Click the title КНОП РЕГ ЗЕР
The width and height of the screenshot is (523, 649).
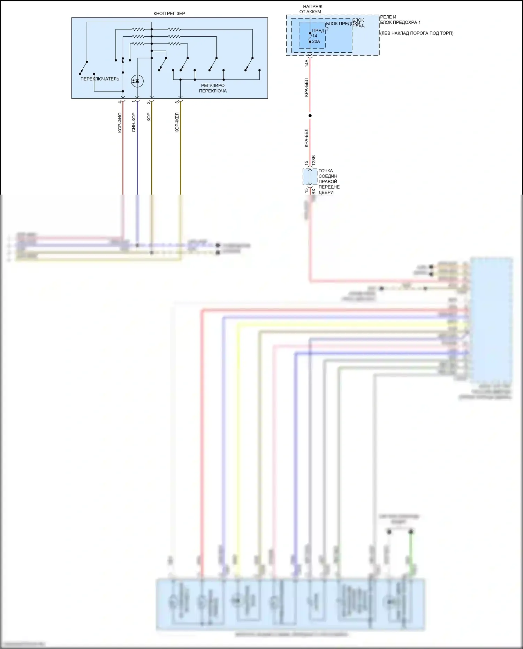(169, 14)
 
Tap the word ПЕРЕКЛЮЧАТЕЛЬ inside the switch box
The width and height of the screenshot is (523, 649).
(100, 79)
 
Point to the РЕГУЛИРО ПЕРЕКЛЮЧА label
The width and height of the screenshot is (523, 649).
(213, 88)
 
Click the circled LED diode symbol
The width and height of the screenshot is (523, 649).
(137, 81)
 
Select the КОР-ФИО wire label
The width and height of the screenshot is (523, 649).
(120, 122)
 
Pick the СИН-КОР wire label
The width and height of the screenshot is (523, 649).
(134, 122)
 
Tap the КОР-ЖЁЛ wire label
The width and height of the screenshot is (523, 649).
(177, 122)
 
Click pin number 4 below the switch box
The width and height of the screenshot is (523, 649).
(120, 102)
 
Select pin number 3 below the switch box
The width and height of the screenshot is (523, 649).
(177, 102)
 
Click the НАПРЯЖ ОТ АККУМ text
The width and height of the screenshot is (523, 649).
(311, 9)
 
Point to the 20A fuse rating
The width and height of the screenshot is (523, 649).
(316, 41)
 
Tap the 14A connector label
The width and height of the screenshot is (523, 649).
(306, 63)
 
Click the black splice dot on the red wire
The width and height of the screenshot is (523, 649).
(310, 116)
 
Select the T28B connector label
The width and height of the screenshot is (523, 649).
(313, 160)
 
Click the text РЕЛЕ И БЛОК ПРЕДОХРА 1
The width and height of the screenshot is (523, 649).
(400, 20)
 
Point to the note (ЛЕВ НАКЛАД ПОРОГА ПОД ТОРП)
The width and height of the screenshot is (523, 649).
(417, 33)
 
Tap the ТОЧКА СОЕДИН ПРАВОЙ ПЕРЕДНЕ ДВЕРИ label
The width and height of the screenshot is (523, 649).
(328, 181)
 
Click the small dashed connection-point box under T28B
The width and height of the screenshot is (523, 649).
(310, 177)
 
